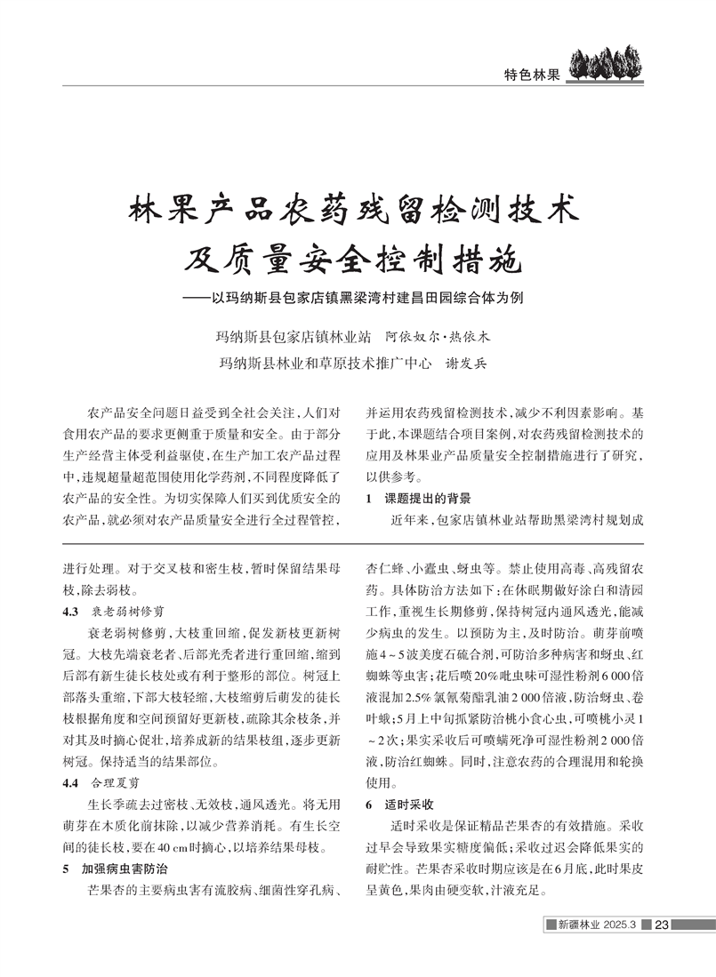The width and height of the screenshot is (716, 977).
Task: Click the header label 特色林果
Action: tap(531, 76)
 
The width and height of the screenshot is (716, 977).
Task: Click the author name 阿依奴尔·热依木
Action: tap(438, 338)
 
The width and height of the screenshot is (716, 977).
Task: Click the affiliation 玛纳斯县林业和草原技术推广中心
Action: tap(326, 363)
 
